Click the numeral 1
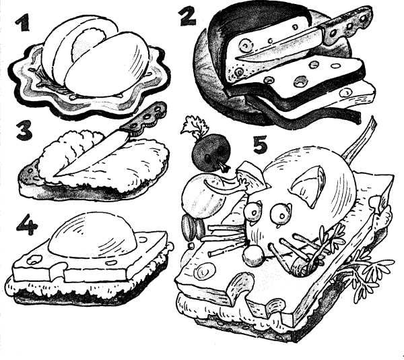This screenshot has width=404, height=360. pos(22,22)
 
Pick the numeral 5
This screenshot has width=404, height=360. pos(260,144)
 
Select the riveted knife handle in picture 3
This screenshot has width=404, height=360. pos(145,119)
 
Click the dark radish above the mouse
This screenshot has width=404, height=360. pos(211,152)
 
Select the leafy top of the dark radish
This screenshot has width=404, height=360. pos(193,125)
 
